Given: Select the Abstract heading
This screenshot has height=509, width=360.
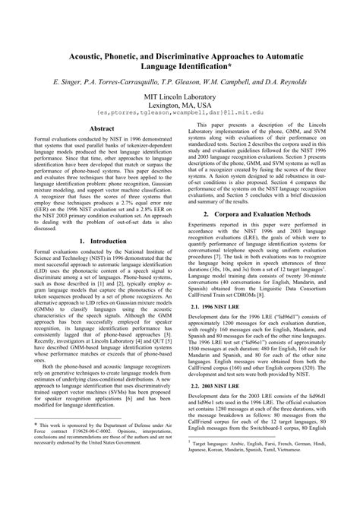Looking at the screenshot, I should [x=102, y=129].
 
